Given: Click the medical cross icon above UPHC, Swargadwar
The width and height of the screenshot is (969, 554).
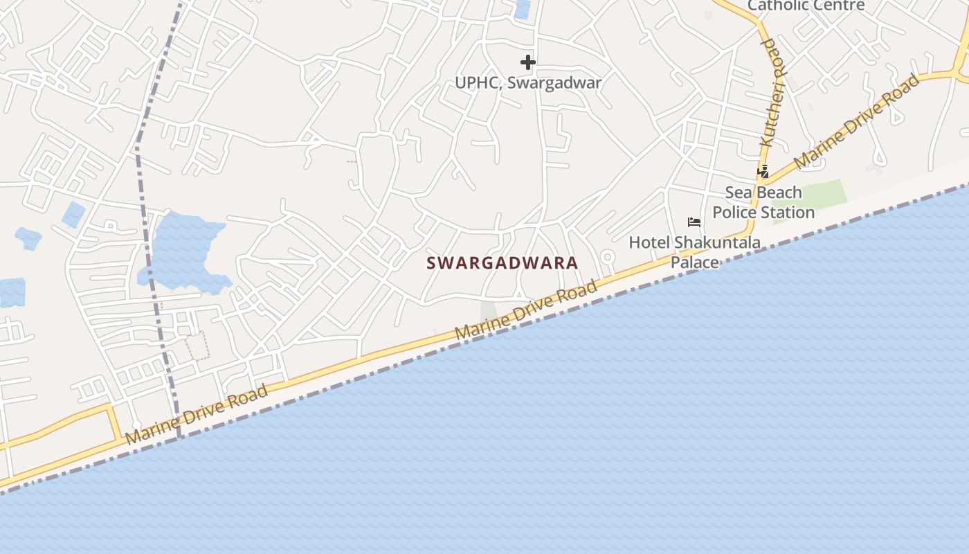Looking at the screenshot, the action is click(x=528, y=62).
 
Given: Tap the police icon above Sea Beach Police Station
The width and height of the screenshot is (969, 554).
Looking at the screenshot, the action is click(x=763, y=171).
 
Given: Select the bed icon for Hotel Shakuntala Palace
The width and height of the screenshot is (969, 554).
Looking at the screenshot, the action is click(x=694, y=222).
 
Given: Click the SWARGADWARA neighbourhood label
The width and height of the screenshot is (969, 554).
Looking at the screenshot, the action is click(x=502, y=264).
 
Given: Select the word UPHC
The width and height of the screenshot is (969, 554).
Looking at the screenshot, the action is click(x=476, y=82).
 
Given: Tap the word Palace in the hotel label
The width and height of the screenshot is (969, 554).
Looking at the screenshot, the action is click(x=695, y=262).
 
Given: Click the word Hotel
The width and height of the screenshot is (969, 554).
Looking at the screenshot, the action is click(x=649, y=242).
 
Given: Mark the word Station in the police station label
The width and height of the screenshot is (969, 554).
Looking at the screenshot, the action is click(x=786, y=212).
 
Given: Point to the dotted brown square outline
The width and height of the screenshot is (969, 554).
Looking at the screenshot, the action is click(x=197, y=346).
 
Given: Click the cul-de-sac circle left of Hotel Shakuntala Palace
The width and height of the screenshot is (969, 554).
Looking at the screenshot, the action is click(x=608, y=258).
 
